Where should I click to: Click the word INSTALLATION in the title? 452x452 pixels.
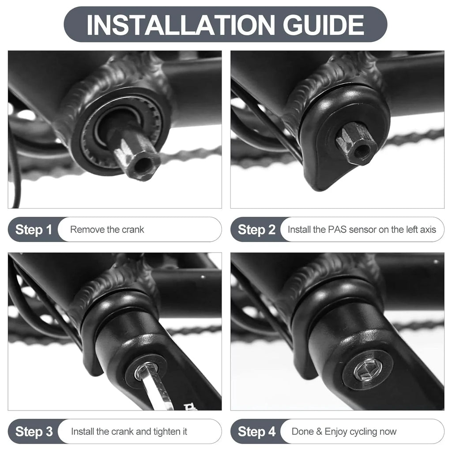pyautogui.click(x=181, y=25)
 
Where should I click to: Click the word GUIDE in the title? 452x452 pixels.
pyautogui.click(x=324, y=25)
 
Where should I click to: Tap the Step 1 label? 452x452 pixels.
pyautogui.click(x=34, y=230)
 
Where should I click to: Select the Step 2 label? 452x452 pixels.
pyautogui.click(x=256, y=230)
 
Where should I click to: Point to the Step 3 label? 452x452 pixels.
pyautogui.click(x=34, y=432)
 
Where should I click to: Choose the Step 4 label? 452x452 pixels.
pyautogui.click(x=256, y=432)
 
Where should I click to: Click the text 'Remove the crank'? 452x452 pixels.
pyautogui.click(x=107, y=230)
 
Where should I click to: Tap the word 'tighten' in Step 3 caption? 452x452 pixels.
pyautogui.click(x=166, y=432)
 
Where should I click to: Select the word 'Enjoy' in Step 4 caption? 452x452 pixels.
pyautogui.click(x=336, y=432)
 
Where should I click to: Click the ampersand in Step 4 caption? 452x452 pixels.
pyautogui.click(x=319, y=432)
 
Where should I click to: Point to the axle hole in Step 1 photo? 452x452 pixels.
pyautogui.click(x=143, y=165)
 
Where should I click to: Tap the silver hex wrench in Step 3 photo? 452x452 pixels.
pyautogui.click(x=157, y=386)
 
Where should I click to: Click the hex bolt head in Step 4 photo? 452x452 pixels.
pyautogui.click(x=368, y=369)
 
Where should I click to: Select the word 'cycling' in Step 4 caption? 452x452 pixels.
pyautogui.click(x=365, y=432)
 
